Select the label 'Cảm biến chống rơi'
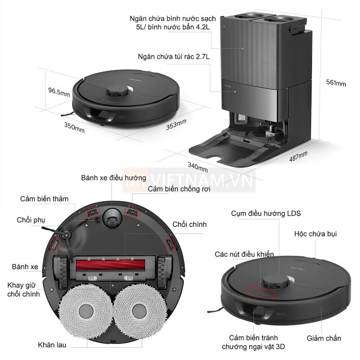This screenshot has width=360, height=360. click(x=179, y=189)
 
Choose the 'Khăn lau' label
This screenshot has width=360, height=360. click(x=52, y=345)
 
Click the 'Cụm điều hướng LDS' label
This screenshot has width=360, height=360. click(x=266, y=213)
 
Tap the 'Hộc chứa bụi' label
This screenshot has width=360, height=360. click(x=315, y=234)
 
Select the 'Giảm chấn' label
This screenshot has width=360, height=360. click(x=324, y=338)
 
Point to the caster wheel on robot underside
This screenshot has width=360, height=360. click(x=112, y=219)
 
